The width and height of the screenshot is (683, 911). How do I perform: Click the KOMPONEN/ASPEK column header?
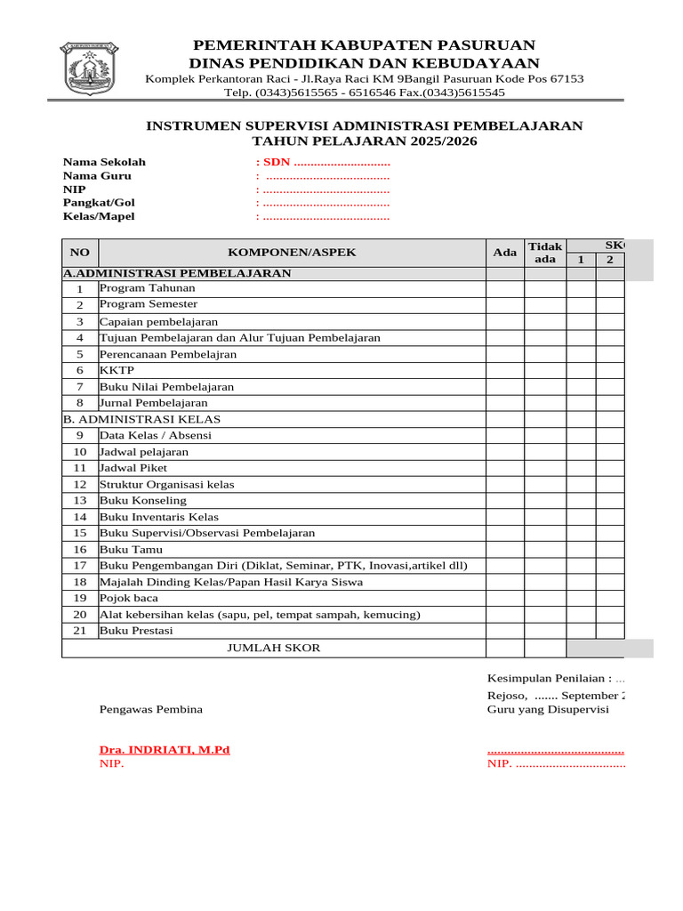[292, 253]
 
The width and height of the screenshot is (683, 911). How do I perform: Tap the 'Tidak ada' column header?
[545, 253]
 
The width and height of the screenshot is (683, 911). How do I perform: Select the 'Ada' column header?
[504, 253]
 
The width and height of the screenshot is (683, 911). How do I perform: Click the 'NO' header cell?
[80, 253]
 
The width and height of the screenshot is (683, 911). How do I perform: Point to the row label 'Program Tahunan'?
[147, 288]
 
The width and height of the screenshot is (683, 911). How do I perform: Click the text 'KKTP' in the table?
[113, 370]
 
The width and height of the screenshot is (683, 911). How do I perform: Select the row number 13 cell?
[80, 501]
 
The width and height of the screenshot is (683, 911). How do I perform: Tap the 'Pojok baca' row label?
[130, 598]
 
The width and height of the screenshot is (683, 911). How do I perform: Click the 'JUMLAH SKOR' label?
[274, 648]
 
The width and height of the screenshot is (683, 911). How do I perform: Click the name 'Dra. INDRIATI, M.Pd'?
[165, 750]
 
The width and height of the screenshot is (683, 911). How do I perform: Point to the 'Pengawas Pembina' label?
[150, 709]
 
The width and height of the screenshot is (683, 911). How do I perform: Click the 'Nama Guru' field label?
[97, 176]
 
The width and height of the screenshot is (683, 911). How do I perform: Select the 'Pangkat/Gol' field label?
[99, 203]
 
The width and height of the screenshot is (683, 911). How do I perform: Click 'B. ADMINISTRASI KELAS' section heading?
[142, 419]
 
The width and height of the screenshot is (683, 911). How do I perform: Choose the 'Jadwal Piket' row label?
[133, 468]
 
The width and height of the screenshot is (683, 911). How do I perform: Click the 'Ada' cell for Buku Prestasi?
[504, 631]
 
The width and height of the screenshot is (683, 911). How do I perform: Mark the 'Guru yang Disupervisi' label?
[548, 709]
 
